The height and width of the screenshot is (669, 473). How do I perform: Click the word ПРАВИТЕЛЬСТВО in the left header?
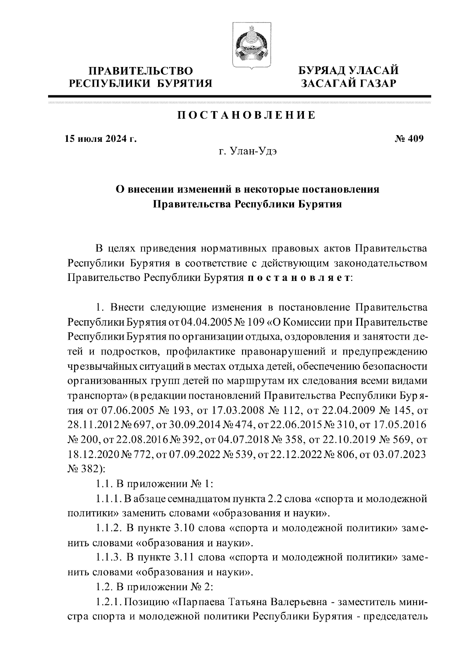(141, 71)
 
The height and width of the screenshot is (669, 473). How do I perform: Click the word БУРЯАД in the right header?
(322, 71)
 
